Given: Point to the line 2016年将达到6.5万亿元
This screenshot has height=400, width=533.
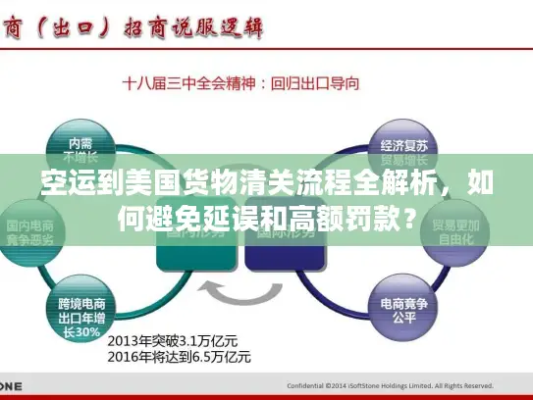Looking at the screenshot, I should (181, 357).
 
